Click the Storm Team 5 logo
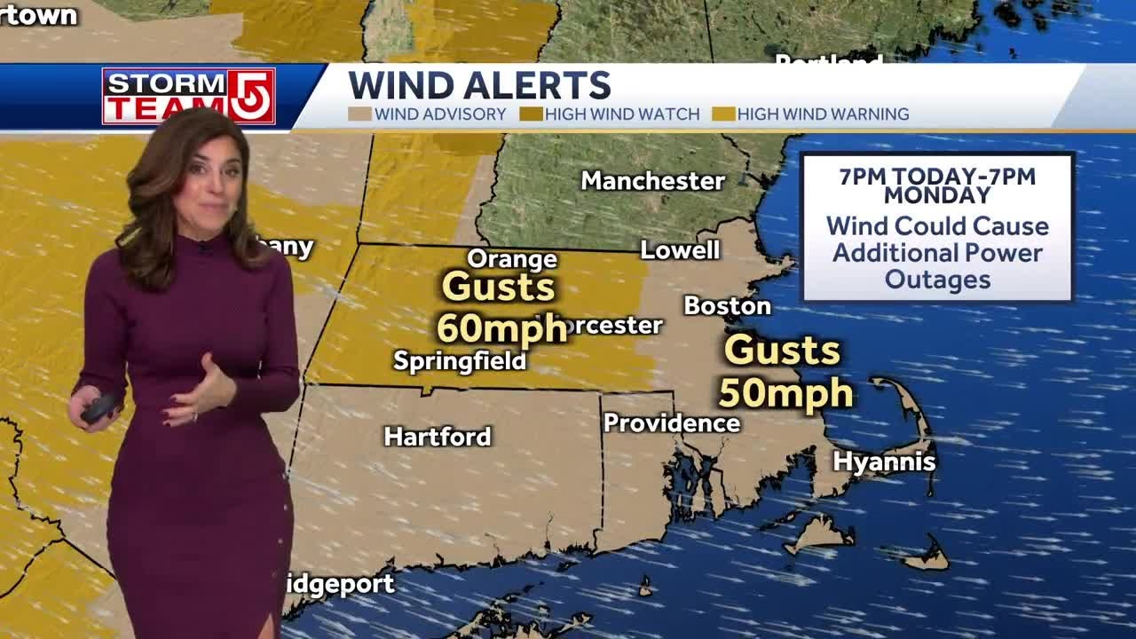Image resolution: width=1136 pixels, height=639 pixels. (x=188, y=96)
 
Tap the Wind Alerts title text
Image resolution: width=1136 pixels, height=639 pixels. (x=479, y=86)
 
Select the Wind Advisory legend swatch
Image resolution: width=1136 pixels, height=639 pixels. (x=359, y=114)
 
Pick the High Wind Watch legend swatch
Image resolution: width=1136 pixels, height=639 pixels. (x=531, y=114)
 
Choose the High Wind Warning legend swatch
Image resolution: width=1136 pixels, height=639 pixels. (x=723, y=114)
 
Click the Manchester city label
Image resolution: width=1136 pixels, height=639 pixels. (x=652, y=181)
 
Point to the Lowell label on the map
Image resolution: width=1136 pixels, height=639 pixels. (x=680, y=250)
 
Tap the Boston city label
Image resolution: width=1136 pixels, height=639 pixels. (x=727, y=306)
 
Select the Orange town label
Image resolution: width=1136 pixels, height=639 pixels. (x=512, y=259)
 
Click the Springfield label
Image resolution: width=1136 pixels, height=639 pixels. (x=460, y=361)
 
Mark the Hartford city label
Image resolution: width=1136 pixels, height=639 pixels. (x=438, y=437)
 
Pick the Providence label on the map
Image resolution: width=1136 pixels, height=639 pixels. (x=672, y=423)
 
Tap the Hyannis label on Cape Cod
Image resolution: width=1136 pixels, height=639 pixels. (x=884, y=461)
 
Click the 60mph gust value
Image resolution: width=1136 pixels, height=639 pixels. (x=501, y=328)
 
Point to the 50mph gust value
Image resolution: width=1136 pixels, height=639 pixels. (x=785, y=392)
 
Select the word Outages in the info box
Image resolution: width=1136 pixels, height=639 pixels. (x=937, y=280)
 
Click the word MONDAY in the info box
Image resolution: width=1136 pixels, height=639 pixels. (x=937, y=195)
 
